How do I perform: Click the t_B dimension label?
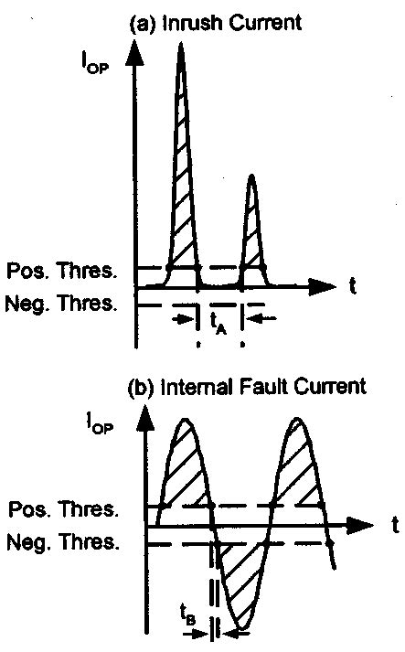pos(187,616)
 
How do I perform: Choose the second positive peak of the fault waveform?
pos(297,420)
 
